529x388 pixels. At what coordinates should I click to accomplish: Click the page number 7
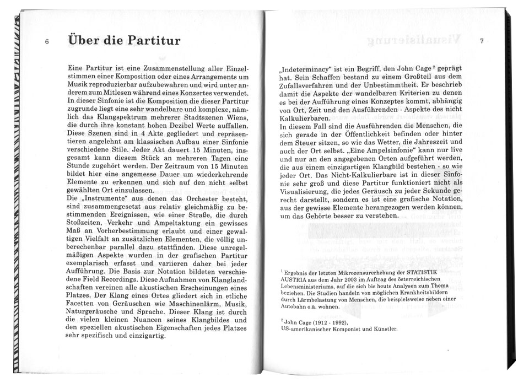[482, 42]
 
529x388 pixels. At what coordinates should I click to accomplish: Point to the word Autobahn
[294, 307]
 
